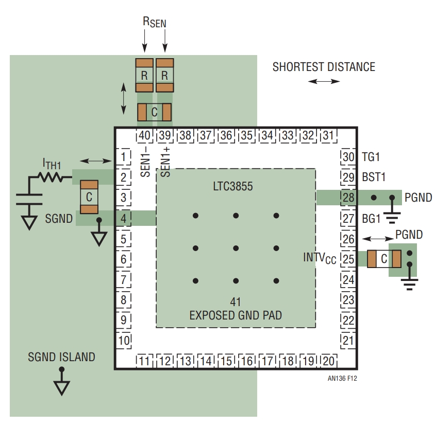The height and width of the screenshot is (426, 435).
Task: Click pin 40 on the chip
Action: point(144,135)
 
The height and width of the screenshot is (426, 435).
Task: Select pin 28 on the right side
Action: point(348,198)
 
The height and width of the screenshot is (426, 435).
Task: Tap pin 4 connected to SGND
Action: point(124,218)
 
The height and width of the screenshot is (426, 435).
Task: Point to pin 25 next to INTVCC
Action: point(348,259)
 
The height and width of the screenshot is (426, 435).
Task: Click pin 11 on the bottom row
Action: point(144,361)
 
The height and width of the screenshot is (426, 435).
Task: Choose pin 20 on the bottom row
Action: point(329,361)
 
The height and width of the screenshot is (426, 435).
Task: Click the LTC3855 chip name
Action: point(233,186)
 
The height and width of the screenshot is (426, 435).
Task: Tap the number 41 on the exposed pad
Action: point(236,302)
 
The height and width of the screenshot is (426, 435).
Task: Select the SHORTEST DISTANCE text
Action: point(324,67)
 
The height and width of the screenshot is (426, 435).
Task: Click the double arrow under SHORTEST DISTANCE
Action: point(324,81)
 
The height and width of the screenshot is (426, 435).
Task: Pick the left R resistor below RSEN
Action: point(144,75)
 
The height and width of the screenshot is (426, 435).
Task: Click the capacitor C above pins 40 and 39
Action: point(154,112)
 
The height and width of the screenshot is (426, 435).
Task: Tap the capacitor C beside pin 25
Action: point(384,259)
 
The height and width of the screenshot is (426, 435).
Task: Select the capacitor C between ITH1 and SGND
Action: point(89,197)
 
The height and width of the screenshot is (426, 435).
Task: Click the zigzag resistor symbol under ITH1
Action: point(51,177)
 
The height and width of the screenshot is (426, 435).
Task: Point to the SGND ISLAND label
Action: point(61,357)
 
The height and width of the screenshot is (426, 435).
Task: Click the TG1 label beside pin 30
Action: point(371,157)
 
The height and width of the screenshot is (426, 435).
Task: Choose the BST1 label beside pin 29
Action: point(374,177)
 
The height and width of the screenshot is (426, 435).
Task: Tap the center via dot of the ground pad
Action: point(236,248)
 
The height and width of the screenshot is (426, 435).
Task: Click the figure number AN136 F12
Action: point(342,378)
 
